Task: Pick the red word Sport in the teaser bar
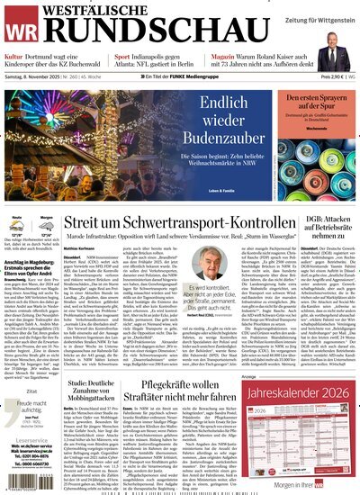[x=123, y=56]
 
